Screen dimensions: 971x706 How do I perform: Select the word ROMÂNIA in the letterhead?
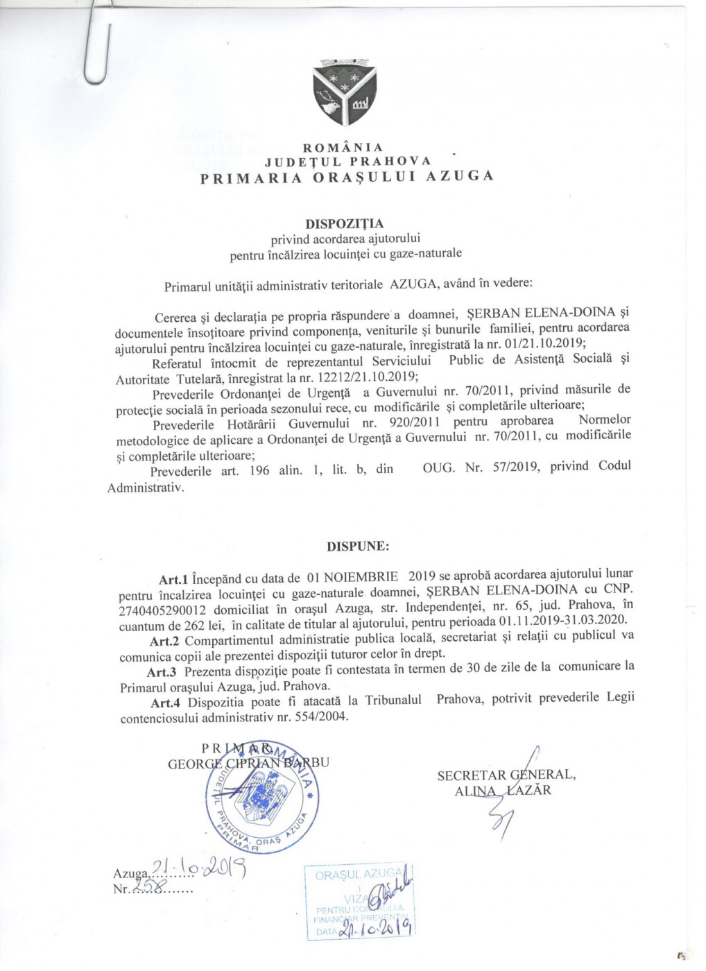coord(343,147)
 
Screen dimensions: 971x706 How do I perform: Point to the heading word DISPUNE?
coord(358,546)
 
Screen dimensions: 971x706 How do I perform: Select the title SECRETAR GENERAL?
coord(506,775)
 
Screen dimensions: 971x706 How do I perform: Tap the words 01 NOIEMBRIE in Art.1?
coord(352,575)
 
